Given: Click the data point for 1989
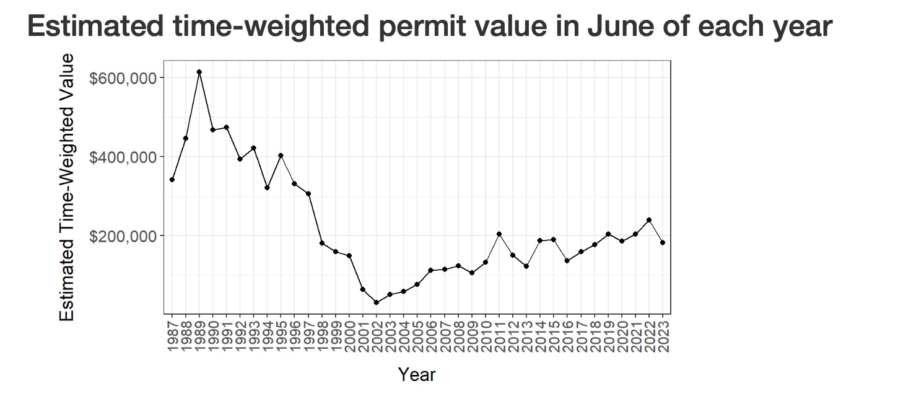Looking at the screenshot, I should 199,72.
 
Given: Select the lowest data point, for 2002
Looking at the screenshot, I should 377,302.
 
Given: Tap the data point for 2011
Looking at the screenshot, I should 499,234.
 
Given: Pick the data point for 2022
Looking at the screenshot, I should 649,220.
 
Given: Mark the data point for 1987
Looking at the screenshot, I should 172,180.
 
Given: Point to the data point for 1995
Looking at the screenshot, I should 281,156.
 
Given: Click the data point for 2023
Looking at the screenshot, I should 663,242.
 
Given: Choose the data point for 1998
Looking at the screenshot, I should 322,243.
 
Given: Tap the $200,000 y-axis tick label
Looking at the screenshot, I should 123,236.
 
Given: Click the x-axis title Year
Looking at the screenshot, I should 417,375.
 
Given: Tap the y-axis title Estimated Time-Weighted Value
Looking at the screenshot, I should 67,187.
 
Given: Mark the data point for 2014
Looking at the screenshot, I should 540,240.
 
